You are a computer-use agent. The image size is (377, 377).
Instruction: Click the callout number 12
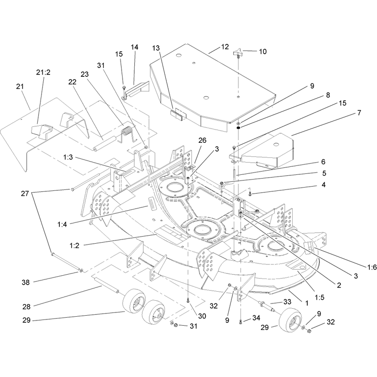(225, 47)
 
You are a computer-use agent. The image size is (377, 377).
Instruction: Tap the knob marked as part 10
(238, 53)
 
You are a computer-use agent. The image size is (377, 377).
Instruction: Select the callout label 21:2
(43, 72)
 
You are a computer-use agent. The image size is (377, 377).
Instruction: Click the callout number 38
(25, 282)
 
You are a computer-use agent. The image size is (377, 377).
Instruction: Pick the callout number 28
(26, 307)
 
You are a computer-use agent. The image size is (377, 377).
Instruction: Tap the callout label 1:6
(372, 267)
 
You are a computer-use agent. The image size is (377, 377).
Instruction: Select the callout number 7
(359, 113)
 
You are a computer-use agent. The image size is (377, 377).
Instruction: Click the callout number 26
(203, 140)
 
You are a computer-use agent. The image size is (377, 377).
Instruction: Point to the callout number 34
(256, 318)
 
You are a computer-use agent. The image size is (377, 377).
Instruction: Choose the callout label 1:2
(74, 246)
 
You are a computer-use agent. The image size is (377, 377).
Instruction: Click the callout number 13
(156, 48)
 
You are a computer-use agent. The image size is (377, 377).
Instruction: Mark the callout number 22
(72, 82)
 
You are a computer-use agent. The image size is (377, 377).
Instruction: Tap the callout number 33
(287, 302)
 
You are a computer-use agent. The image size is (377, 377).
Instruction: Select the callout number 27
(25, 193)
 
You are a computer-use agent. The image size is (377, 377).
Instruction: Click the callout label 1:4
(62, 224)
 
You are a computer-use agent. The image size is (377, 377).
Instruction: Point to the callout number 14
(134, 47)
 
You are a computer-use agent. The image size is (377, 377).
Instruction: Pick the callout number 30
(202, 316)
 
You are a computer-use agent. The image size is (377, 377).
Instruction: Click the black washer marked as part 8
(238, 128)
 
